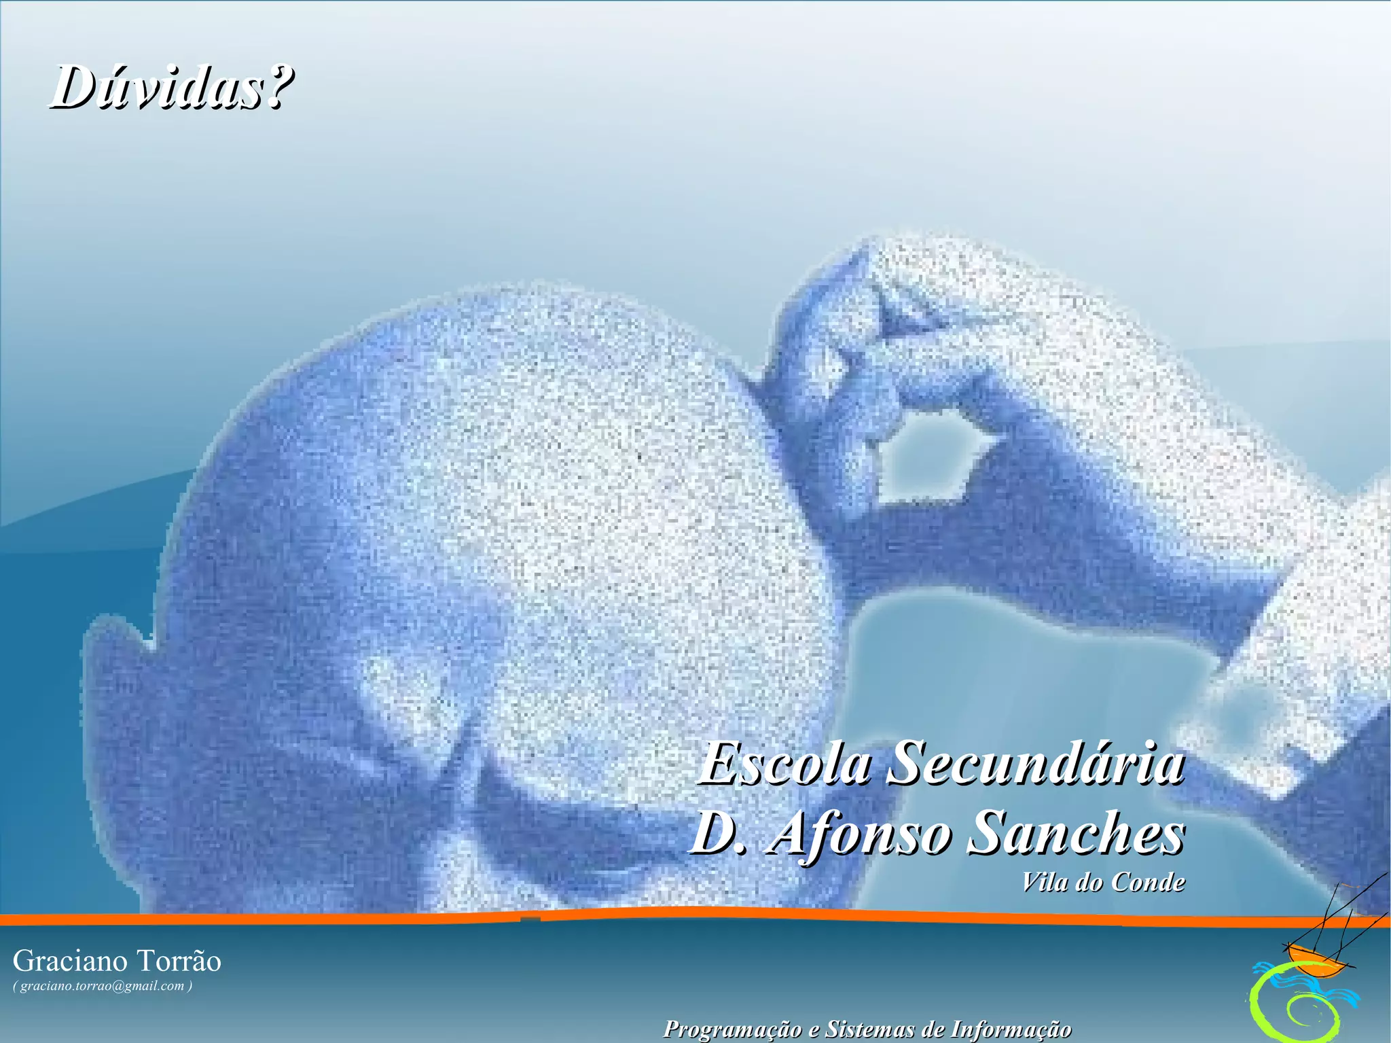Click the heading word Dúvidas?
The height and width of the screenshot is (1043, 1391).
coord(171,88)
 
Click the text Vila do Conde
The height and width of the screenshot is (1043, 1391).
coord(1103,882)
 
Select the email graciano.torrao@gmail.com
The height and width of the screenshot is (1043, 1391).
coord(102,986)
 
